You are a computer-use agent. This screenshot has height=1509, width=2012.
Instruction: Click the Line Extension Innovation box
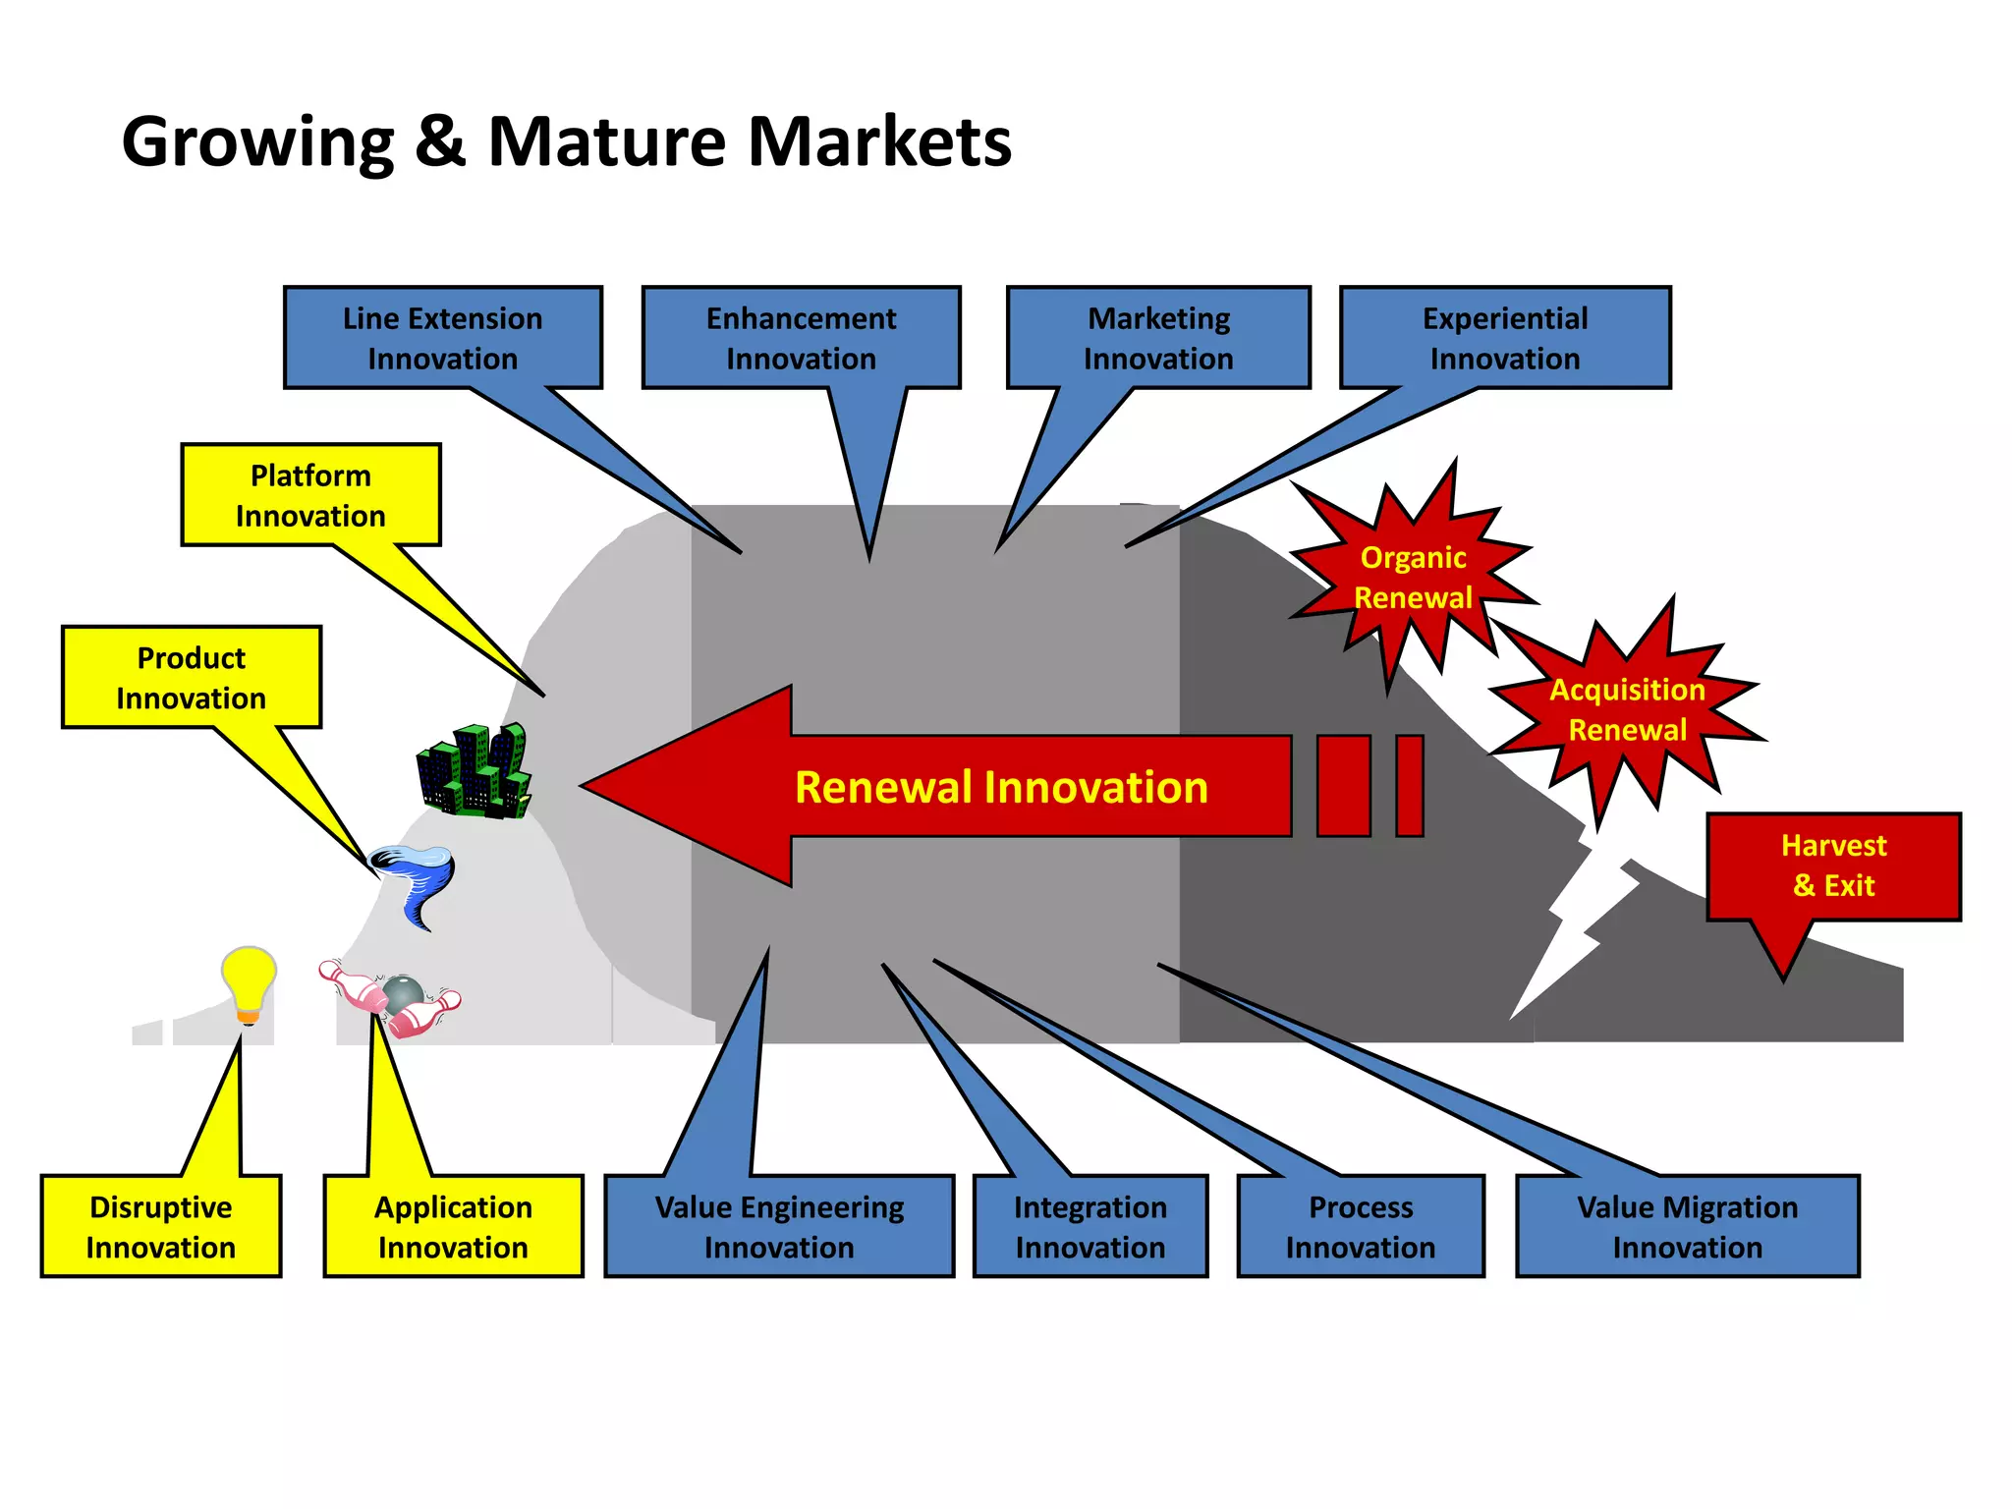coord(442,338)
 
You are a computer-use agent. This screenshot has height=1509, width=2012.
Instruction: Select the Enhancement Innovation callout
coord(801,338)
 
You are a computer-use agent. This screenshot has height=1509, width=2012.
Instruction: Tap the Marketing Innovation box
coord(1158,338)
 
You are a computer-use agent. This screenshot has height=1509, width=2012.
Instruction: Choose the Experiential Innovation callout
coord(1505,338)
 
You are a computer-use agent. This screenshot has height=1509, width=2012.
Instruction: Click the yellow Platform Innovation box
coord(310,495)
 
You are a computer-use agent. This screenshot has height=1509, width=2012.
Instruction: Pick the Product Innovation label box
coord(192,677)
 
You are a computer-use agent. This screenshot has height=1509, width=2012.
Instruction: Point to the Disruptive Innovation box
coord(161,1226)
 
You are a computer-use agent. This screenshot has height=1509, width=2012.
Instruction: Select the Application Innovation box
coord(453,1226)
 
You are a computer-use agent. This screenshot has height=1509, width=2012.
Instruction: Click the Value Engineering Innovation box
coord(779,1226)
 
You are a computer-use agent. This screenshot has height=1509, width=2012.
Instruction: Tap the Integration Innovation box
coord(1090,1226)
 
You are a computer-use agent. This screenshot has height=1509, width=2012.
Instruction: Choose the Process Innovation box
coord(1361,1226)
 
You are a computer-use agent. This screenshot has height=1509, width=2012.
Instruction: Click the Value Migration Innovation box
coord(1687,1226)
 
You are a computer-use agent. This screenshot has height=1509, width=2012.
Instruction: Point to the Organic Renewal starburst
coord(1413,578)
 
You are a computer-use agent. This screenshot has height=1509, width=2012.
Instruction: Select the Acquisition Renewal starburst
coord(1627,709)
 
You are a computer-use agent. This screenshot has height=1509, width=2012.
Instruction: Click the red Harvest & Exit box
coord(1833,866)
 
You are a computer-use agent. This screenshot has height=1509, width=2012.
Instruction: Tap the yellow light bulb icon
coord(249,983)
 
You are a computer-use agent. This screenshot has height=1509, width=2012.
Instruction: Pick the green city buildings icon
coord(475,771)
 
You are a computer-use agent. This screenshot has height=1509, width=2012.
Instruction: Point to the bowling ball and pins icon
coord(393,997)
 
